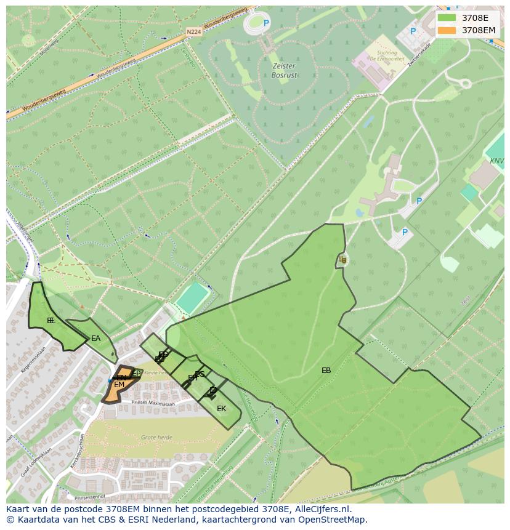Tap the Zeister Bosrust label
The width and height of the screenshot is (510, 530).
pos(283,70)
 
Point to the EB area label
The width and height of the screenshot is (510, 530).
pos(326,371)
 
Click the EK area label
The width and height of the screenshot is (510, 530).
pos(221,408)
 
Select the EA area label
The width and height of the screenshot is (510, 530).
pos(95,339)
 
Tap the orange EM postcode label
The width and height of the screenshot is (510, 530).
pos(119,385)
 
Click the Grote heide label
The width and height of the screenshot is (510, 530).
pos(156,437)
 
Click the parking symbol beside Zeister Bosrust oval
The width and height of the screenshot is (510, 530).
pos(266,23)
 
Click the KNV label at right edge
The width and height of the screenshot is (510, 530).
pos(496,161)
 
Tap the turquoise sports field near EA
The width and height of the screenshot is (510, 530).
pos(193,298)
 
